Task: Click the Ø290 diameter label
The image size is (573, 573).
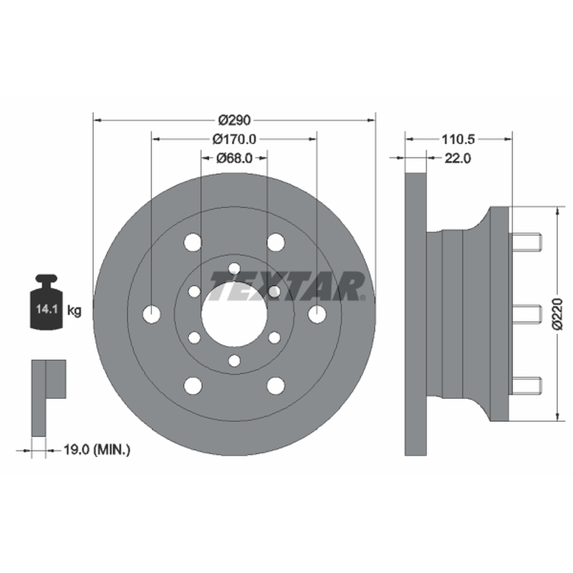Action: click(x=235, y=120)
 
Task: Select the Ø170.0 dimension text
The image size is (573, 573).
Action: click(x=235, y=139)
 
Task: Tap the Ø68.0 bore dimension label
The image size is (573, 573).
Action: click(x=235, y=158)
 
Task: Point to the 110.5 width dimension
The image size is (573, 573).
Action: click(x=458, y=139)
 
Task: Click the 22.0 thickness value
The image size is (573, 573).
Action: click(x=458, y=158)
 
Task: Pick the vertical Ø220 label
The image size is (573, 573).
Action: click(x=558, y=314)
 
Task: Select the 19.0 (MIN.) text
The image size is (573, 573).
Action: click(x=97, y=450)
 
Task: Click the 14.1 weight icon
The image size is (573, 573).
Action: click(x=47, y=302)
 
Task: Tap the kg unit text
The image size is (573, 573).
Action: click(x=74, y=311)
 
